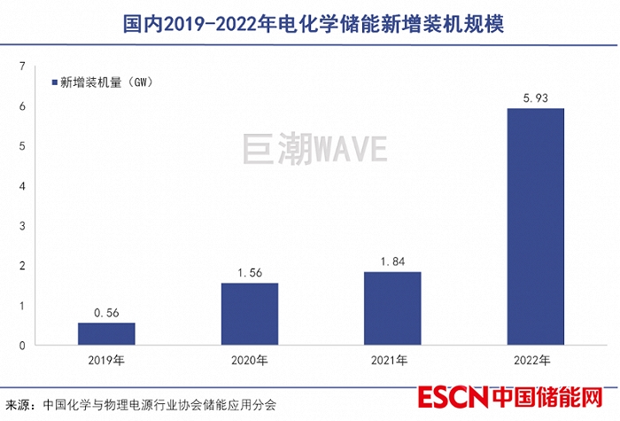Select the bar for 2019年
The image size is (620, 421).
coord(106,333)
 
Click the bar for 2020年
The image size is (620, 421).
coord(249,314)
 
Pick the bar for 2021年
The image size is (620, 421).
coord(391,308)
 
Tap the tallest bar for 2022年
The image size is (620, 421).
coord(535,226)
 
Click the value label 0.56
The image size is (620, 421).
coord(106,312)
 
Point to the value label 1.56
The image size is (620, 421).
coord(249,272)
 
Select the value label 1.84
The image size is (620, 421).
coord(391,261)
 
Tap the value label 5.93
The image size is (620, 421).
coord(535,97)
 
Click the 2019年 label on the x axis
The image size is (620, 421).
coord(106,361)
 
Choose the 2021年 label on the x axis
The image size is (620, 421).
coord(391,361)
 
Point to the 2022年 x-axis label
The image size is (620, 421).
coord(535,361)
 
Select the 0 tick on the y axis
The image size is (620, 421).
coord(22,346)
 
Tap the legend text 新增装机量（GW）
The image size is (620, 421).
coord(107,82)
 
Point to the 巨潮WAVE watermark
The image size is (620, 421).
coord(314,149)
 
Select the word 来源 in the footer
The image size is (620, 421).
coord(19,404)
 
